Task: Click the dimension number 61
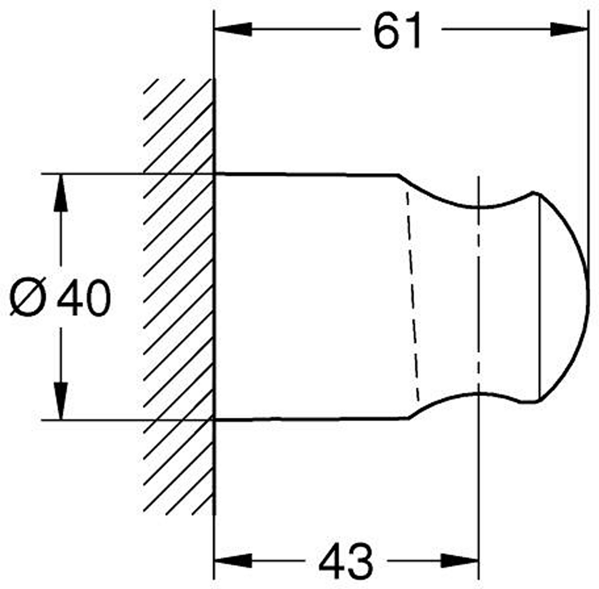tap(397, 30)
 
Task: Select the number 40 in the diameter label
tap(84, 297)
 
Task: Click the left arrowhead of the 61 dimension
tap(233, 29)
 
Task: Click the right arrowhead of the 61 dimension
tap(569, 29)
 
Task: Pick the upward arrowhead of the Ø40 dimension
tap(61, 193)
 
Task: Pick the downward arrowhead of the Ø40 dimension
tap(61, 401)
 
